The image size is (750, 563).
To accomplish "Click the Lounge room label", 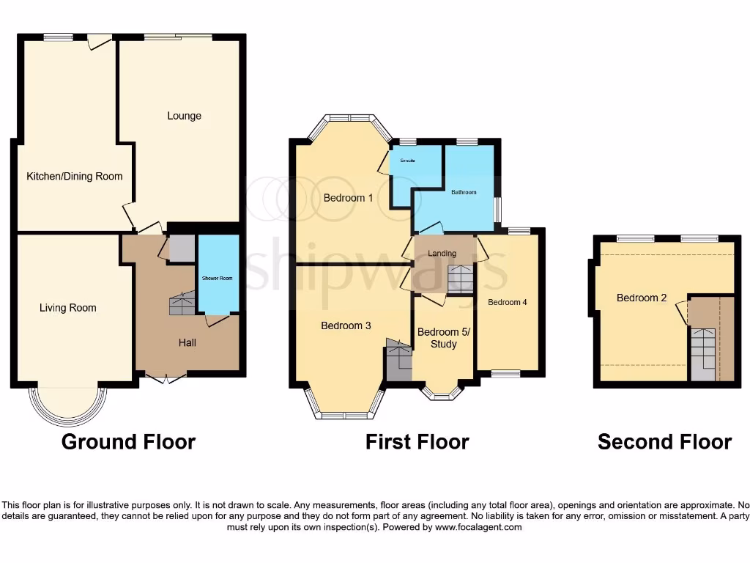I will point(184,116).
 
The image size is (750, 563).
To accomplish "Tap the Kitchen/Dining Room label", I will point(75,176).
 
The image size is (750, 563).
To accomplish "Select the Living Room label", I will point(68,308).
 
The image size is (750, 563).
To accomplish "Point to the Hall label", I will point(187,342).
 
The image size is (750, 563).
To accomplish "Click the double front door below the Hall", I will point(165,378).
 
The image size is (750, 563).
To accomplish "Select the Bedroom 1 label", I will point(349,198).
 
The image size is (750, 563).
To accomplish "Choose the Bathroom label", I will point(464,192).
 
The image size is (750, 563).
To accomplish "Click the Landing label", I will point(442,254).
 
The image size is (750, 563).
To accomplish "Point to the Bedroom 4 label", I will point(508,302).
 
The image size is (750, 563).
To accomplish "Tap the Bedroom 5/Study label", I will point(444,338).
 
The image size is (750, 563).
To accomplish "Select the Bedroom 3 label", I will point(346,325).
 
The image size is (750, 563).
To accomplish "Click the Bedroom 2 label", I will point(642,298).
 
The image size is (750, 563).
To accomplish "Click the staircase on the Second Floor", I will point(703,352).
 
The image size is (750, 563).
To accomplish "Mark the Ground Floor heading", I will point(128,442).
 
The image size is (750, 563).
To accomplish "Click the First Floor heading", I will point(417,442).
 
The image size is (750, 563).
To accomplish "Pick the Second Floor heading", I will point(664,442).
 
